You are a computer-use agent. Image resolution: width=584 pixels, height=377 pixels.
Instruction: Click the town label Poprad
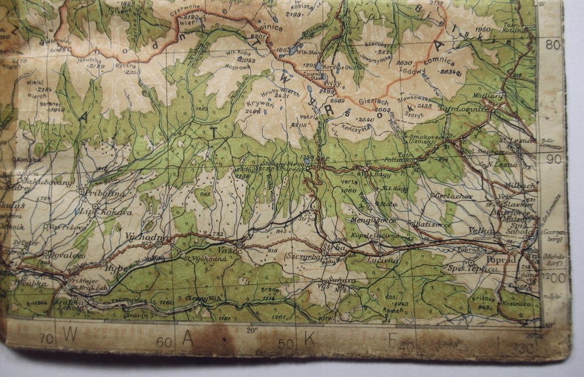point(501,259)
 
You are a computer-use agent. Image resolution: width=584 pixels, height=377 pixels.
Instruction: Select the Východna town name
point(147,236)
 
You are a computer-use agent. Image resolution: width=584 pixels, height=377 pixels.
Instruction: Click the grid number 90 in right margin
point(553,159)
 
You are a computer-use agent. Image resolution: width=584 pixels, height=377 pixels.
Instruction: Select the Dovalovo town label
point(67,256)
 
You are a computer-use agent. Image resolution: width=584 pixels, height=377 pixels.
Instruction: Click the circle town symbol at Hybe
point(103,264)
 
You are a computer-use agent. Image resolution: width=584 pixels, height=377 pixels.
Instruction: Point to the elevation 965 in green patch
point(205,194)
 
